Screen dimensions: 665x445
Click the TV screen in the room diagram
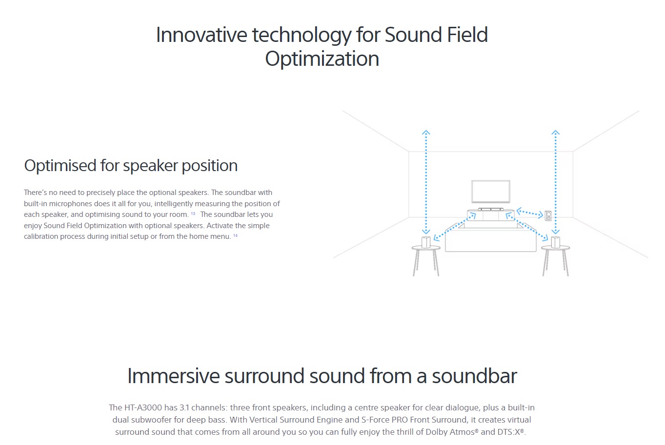(x=491, y=192)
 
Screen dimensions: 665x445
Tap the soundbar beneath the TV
(x=491, y=209)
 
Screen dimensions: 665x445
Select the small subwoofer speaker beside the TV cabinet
(x=548, y=216)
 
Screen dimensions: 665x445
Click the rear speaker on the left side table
(x=426, y=242)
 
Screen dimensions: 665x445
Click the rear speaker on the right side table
(x=555, y=242)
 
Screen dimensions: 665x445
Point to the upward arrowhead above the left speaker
(x=426, y=132)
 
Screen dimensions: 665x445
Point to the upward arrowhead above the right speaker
(x=555, y=132)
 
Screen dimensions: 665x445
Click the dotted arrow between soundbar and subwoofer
(x=530, y=213)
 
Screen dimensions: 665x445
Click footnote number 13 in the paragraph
(x=193, y=213)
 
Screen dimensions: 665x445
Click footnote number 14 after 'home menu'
(x=235, y=235)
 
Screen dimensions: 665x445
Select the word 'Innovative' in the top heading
(x=202, y=35)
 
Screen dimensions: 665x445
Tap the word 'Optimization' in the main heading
(x=322, y=59)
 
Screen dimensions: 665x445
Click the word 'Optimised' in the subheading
(x=60, y=166)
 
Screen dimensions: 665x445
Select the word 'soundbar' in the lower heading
(x=474, y=376)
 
